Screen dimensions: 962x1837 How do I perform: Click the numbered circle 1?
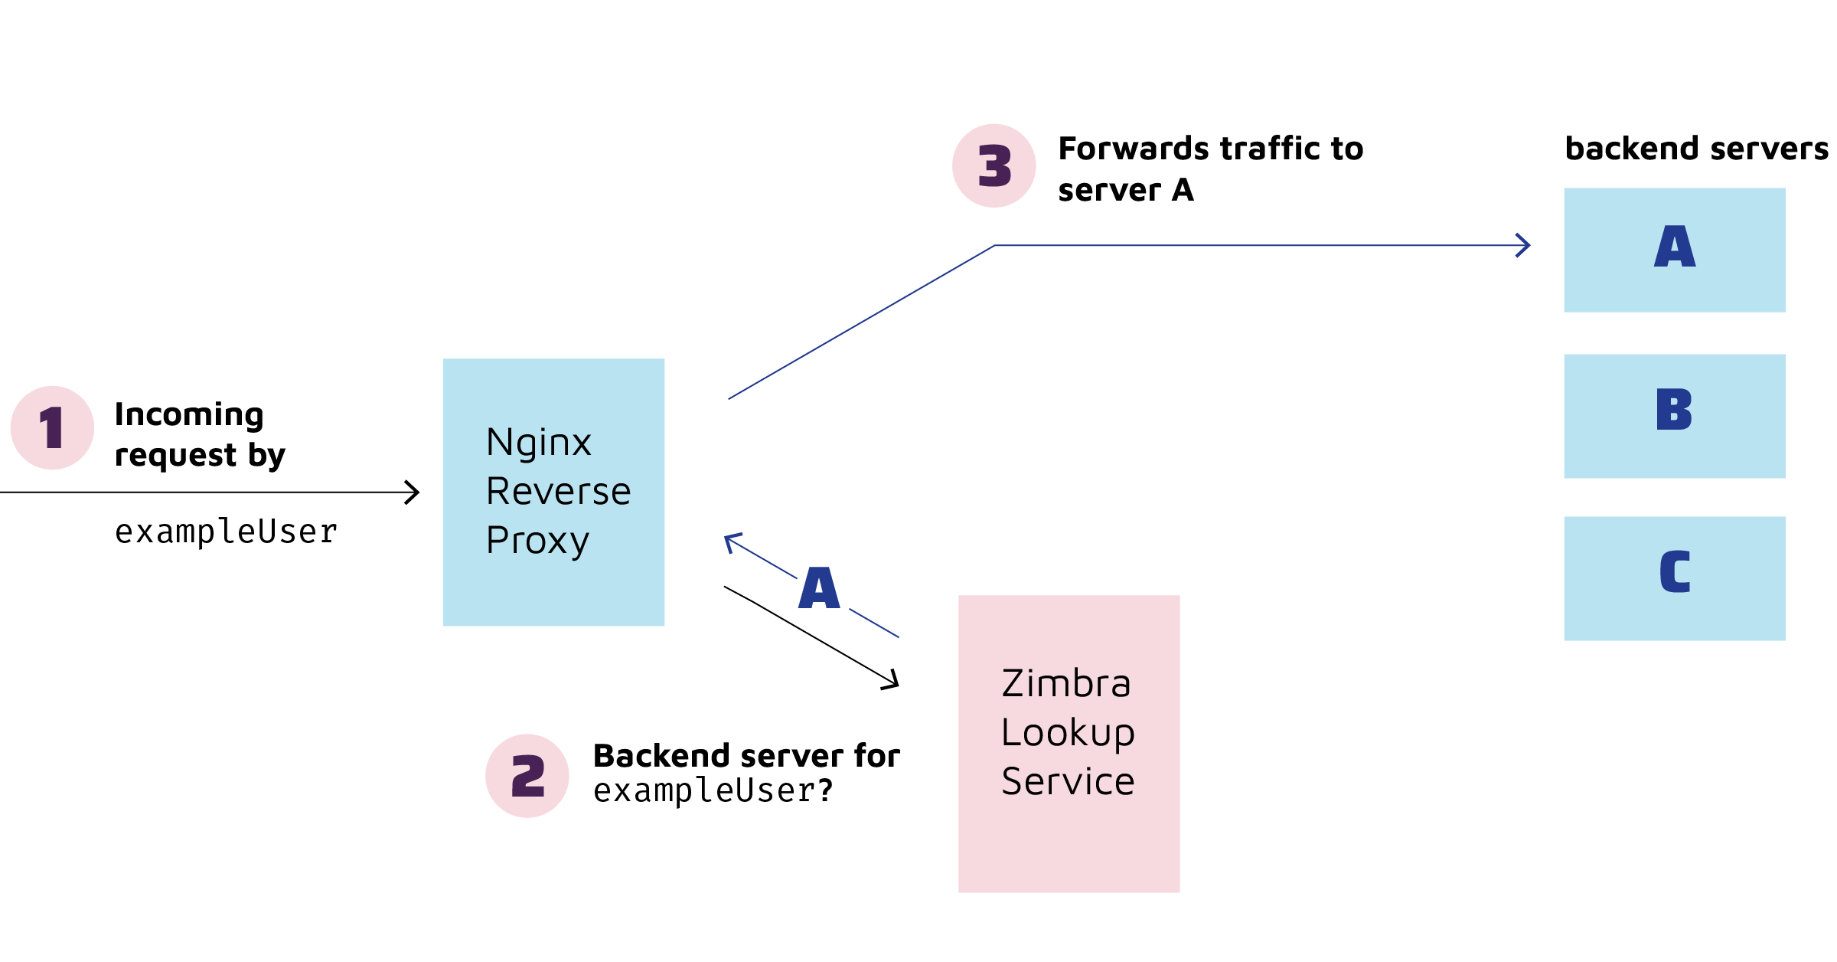click(52, 427)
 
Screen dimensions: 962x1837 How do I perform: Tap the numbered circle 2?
click(527, 776)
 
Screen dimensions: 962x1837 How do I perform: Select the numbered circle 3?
click(994, 165)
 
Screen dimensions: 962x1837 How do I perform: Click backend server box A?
click(1674, 250)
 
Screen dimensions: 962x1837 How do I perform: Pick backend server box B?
click(1674, 416)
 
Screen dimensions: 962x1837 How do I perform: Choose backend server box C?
click(1674, 578)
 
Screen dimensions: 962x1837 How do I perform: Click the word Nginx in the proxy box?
click(539, 443)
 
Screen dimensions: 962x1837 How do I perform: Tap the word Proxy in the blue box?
click(537, 541)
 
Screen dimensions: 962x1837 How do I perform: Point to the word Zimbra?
click(1066, 683)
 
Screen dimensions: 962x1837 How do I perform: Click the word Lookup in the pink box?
click(1068, 732)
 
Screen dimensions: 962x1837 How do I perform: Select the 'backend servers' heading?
click(1696, 149)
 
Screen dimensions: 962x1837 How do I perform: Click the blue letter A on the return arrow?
click(819, 588)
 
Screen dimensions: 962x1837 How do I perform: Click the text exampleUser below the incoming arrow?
click(226, 532)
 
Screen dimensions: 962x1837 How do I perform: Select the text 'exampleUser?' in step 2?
click(713, 790)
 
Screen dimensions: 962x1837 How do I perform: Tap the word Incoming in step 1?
click(189, 414)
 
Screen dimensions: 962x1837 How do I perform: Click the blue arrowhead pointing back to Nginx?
click(730, 541)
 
